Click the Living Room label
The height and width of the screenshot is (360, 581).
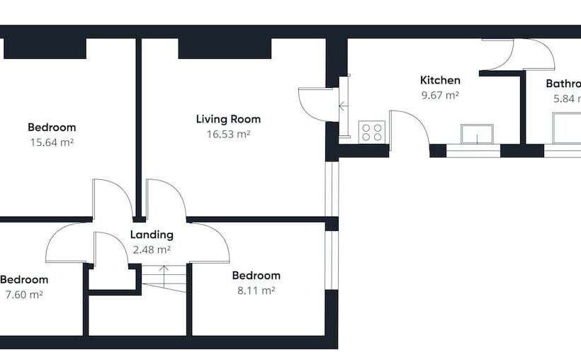click(x=228, y=119)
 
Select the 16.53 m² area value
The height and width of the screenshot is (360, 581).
click(x=228, y=133)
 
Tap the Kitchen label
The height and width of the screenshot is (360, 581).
click(x=440, y=80)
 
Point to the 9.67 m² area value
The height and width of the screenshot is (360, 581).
click(x=440, y=94)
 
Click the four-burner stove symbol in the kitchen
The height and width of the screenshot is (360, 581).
click(x=372, y=132)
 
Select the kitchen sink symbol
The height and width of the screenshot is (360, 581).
click(x=476, y=133)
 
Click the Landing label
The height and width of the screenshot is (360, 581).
click(x=152, y=235)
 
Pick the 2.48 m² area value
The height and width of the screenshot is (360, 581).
click(x=152, y=249)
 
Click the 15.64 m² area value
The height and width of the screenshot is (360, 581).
click(x=52, y=142)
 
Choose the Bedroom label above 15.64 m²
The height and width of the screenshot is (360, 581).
click(x=52, y=128)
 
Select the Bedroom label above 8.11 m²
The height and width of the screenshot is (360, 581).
click(x=256, y=276)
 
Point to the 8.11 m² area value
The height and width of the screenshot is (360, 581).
click(x=256, y=290)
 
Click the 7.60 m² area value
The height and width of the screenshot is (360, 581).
click(x=23, y=294)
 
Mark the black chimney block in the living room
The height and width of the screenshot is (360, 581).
click(x=225, y=48)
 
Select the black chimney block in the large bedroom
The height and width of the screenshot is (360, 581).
click(x=45, y=48)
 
